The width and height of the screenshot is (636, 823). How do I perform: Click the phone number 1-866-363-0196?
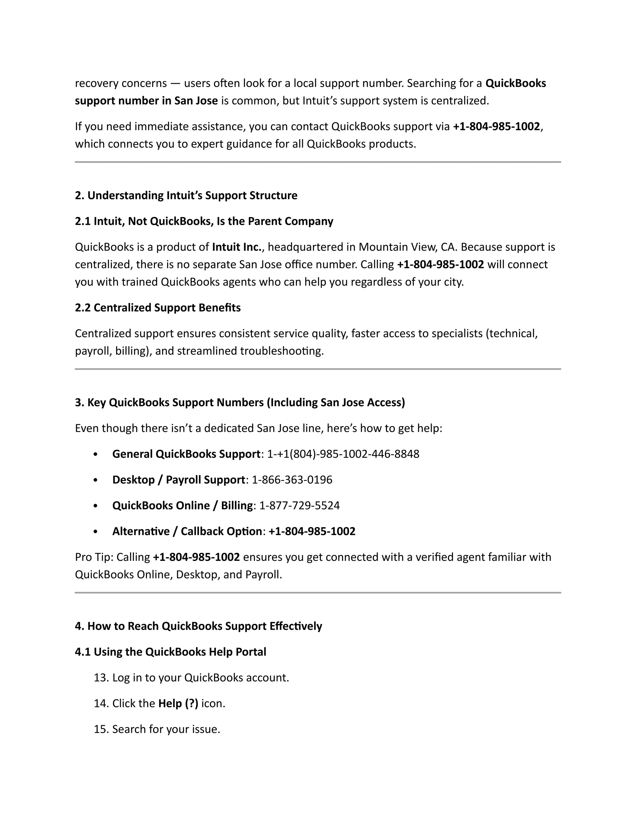pyautogui.click(x=292, y=480)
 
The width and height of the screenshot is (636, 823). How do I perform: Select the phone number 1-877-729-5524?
pyautogui.click(x=300, y=505)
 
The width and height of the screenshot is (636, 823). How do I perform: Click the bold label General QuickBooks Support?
pyautogui.click(x=186, y=454)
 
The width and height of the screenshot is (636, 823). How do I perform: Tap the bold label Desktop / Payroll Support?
pyautogui.click(x=179, y=480)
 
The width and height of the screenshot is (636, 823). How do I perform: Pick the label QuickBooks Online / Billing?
pyautogui.click(x=182, y=505)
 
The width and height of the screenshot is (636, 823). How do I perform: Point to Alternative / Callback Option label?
pyautogui.click(x=187, y=531)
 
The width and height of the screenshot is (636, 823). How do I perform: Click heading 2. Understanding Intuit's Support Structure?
pyautogui.click(x=186, y=195)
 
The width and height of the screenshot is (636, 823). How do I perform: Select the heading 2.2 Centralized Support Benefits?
pyautogui.click(x=157, y=307)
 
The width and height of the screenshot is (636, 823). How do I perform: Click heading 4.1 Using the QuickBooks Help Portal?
pyautogui.click(x=170, y=652)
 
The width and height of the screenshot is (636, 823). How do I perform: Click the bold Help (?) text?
pyautogui.click(x=178, y=703)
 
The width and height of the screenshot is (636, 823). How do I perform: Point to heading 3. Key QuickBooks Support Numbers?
pyautogui.click(x=240, y=402)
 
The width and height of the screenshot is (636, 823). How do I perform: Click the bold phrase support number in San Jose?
pyautogui.click(x=146, y=101)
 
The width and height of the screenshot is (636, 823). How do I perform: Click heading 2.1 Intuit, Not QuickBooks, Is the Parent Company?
pyautogui.click(x=204, y=221)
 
